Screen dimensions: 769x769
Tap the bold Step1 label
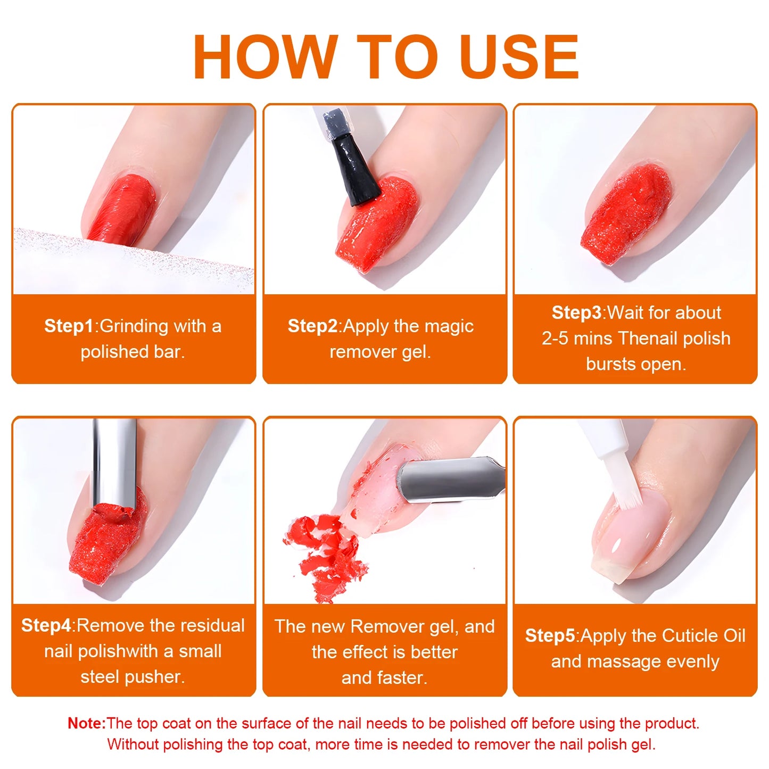(68, 326)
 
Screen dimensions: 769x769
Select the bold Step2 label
(312, 326)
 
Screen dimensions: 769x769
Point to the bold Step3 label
(576, 312)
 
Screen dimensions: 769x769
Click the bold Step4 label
(46, 625)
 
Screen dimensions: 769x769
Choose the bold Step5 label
(550, 635)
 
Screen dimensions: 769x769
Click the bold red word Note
(86, 723)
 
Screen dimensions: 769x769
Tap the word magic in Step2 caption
(450, 326)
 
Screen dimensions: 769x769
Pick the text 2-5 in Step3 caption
(555, 338)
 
